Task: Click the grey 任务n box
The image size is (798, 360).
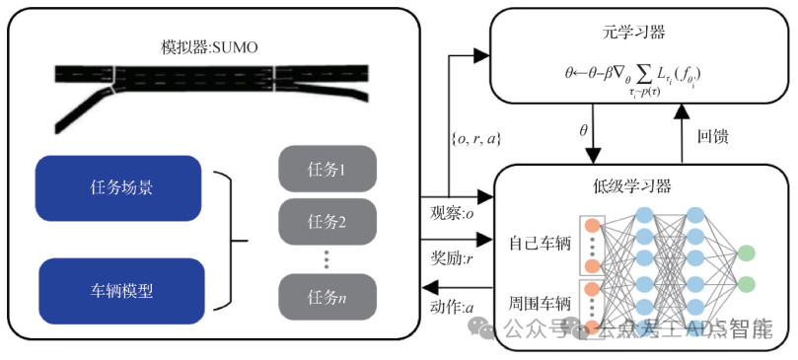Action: (326, 294)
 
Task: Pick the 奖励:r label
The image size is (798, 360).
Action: (454, 258)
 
